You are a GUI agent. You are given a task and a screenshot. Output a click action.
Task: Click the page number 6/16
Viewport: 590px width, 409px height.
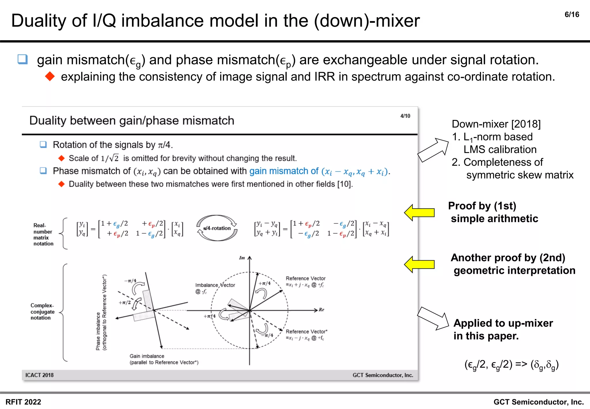point(572,15)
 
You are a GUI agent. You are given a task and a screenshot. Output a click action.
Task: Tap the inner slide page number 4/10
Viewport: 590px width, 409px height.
point(405,116)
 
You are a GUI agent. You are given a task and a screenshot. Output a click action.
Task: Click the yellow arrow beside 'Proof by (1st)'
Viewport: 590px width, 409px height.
point(419,213)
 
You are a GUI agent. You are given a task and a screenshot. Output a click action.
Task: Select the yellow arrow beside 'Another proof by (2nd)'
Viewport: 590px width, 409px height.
point(419,264)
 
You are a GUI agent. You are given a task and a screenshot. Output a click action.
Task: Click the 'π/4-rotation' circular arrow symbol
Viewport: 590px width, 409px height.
point(217,228)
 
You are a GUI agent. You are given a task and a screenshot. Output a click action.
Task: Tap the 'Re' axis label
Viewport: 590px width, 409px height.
point(322,310)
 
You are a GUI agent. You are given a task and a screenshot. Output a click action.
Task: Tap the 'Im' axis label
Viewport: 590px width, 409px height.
point(242,258)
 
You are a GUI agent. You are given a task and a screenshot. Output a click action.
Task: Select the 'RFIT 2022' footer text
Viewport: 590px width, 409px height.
point(23,402)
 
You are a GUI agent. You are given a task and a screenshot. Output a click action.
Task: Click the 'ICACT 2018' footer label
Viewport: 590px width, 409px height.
point(39,375)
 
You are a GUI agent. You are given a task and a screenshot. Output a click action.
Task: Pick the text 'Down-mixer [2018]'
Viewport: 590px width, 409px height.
point(496,124)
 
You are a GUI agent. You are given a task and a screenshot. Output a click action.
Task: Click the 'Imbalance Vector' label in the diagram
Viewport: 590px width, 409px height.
point(215,285)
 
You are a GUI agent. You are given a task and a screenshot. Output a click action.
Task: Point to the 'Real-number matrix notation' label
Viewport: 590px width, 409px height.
point(43,234)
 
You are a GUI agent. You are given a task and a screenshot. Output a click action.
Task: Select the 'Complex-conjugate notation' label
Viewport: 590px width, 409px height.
point(42,311)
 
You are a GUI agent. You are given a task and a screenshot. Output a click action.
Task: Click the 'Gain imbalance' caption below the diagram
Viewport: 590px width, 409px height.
point(147,356)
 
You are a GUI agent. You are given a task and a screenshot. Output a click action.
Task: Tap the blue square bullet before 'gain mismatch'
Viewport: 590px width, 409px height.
point(22,59)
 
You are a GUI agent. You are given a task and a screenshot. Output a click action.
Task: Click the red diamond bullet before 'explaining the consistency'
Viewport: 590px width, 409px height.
point(50,77)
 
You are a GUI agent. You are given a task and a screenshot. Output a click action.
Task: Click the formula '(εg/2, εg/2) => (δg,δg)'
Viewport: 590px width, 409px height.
point(511,365)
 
